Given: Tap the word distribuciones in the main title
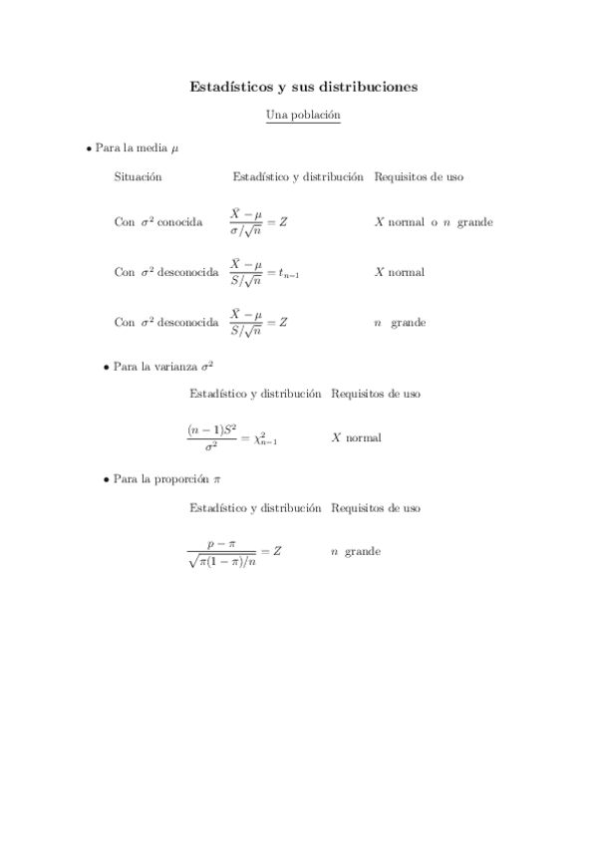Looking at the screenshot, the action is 365,87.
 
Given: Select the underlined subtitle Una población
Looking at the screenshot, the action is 303,116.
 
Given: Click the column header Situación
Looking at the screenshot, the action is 138,176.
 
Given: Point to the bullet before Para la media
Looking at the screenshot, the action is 89,147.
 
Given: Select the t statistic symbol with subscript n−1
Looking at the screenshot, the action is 289,273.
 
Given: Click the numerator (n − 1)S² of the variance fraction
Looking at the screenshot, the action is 211,429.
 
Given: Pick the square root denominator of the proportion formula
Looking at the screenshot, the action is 220,560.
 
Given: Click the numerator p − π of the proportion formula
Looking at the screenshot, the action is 220,543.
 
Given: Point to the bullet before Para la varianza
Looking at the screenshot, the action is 107,367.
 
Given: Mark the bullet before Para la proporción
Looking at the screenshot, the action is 107,479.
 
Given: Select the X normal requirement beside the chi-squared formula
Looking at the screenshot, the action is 356,437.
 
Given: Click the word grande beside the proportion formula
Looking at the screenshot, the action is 362,551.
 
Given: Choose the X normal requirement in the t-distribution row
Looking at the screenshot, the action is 399,272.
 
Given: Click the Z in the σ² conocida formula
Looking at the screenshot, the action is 283,222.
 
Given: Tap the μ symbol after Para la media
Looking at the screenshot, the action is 174,148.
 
